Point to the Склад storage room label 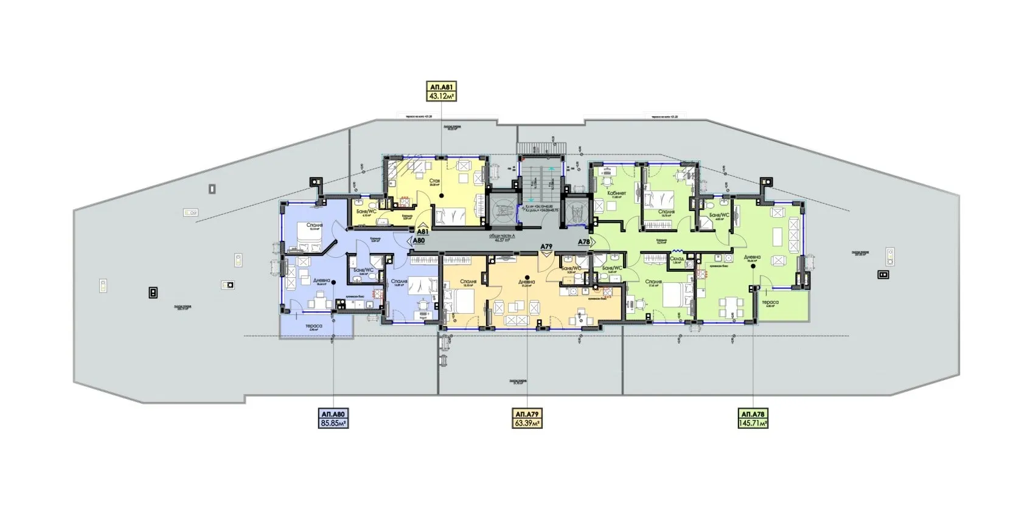(x=677, y=258)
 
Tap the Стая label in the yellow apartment (x=434, y=181)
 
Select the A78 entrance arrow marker (x=584, y=242)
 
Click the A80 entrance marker (x=418, y=240)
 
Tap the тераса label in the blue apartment (x=315, y=326)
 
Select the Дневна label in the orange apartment (x=527, y=282)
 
